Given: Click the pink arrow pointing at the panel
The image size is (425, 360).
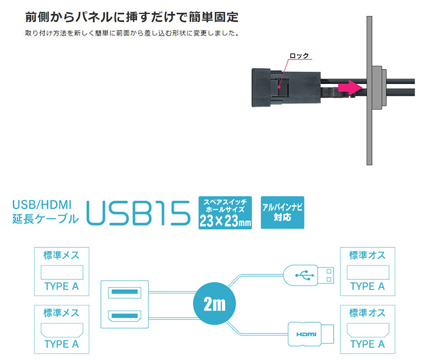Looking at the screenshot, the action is (350, 88).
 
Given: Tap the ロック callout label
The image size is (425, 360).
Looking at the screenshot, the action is (299, 56).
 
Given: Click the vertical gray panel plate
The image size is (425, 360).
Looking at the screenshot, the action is (369, 90).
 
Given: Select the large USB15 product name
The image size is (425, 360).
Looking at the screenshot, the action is (138, 213).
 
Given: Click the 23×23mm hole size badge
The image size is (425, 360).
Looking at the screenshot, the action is (225, 212).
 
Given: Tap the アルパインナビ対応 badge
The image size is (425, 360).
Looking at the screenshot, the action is (283, 212).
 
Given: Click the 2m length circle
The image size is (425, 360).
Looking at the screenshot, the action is (215, 303).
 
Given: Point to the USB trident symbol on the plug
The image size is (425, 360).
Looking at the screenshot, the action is (304, 275).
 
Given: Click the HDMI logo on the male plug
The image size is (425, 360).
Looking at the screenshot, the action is (306, 335).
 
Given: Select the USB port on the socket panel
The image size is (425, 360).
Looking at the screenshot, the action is (125, 292).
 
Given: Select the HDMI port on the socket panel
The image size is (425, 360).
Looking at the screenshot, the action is (125, 316).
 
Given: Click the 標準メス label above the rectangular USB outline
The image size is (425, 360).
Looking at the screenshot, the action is (61, 255).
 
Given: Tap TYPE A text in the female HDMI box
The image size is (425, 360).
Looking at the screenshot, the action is (62, 344).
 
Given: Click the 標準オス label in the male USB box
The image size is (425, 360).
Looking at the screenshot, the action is (367, 255).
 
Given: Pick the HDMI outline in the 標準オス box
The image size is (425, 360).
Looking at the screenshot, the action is (368, 330).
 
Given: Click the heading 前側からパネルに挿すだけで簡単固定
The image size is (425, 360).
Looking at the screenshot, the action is (132, 17).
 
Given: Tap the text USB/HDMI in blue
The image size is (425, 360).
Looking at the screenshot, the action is (42, 205).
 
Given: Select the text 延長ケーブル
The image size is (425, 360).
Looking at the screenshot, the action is (46, 219).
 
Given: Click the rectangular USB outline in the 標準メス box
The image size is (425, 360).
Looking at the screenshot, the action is (62, 272).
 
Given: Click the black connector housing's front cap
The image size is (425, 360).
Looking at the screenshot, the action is (261, 88).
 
